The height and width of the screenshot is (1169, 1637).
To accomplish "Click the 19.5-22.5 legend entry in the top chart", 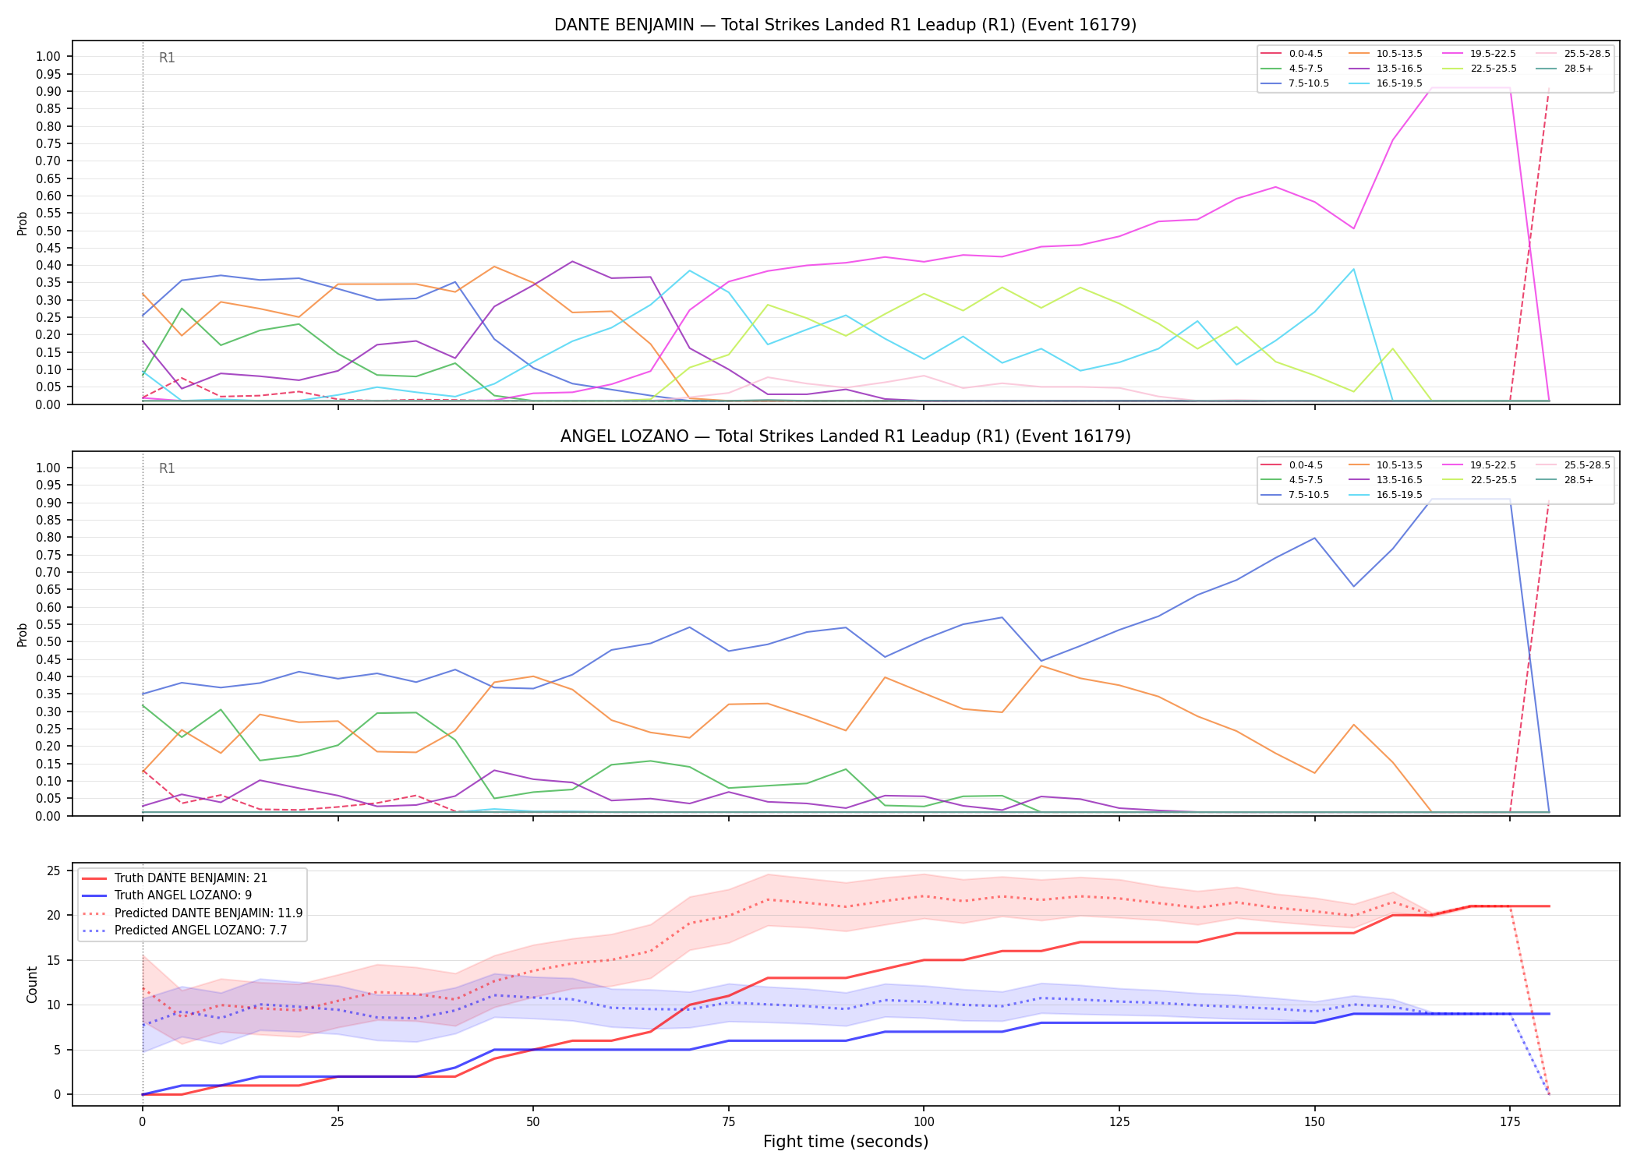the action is pyautogui.click(x=1479, y=54).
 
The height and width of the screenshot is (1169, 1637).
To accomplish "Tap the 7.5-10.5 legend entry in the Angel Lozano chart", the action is pyautogui.click(x=1295, y=495).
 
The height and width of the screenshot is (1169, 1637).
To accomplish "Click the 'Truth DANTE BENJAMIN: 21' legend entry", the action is pyautogui.click(x=175, y=878).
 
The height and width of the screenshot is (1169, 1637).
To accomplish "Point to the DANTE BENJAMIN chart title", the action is pyautogui.click(x=845, y=25).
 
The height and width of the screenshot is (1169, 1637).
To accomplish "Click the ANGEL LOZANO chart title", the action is pyautogui.click(x=845, y=436).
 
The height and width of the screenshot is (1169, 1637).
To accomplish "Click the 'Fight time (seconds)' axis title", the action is pyautogui.click(x=846, y=1142).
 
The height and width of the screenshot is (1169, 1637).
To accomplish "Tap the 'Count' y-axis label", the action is pyautogui.click(x=32, y=984).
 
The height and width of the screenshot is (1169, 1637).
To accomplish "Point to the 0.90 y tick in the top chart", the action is pyautogui.click(x=48, y=91).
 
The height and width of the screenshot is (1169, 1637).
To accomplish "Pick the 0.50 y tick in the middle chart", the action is pyautogui.click(x=48, y=642).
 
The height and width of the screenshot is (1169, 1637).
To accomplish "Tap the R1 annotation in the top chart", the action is pyautogui.click(x=167, y=58).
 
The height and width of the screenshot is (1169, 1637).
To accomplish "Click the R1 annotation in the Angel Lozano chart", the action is pyautogui.click(x=167, y=468).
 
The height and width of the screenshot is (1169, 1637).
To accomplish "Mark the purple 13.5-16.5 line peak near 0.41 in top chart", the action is pyautogui.click(x=572, y=261).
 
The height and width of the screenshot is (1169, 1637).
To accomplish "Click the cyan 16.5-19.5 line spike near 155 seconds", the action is pyautogui.click(x=1353, y=269).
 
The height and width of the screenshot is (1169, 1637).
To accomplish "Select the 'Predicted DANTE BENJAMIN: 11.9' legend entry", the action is pyautogui.click(x=192, y=913).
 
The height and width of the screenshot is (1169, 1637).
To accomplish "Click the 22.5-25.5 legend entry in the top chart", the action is pyautogui.click(x=1479, y=69).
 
